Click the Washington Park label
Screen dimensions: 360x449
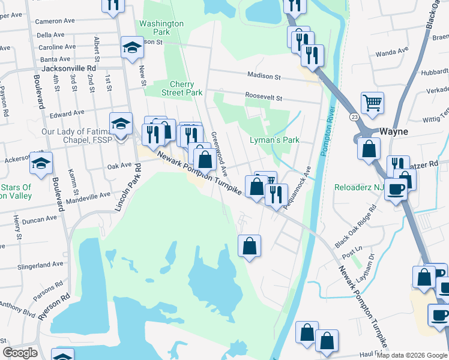tap(161, 28)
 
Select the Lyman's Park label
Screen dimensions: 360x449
tap(274, 140)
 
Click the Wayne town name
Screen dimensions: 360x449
tap(394, 131)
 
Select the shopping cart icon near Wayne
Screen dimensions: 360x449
tap(373, 103)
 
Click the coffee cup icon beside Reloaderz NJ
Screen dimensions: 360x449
tap(396, 189)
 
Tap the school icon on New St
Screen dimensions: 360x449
tap(132, 47)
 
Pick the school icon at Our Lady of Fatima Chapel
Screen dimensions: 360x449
tap(121, 124)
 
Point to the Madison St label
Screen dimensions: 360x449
tap(264, 77)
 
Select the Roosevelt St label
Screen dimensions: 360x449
tap(263, 95)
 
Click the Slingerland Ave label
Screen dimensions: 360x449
tap(41, 264)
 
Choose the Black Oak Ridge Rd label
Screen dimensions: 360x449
tap(356, 226)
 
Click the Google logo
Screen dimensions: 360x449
tap(20, 353)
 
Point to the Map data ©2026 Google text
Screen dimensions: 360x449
tap(412, 355)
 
